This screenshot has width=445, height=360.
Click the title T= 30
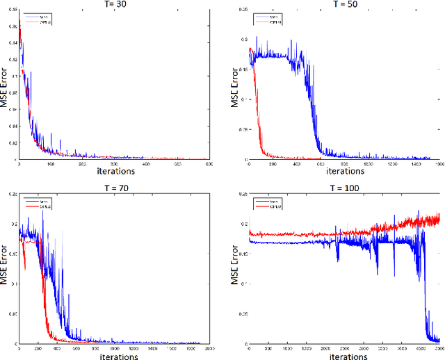tap(115, 5)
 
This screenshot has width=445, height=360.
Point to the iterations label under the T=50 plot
tap(345, 171)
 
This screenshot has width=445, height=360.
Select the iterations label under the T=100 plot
tap(344, 354)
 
